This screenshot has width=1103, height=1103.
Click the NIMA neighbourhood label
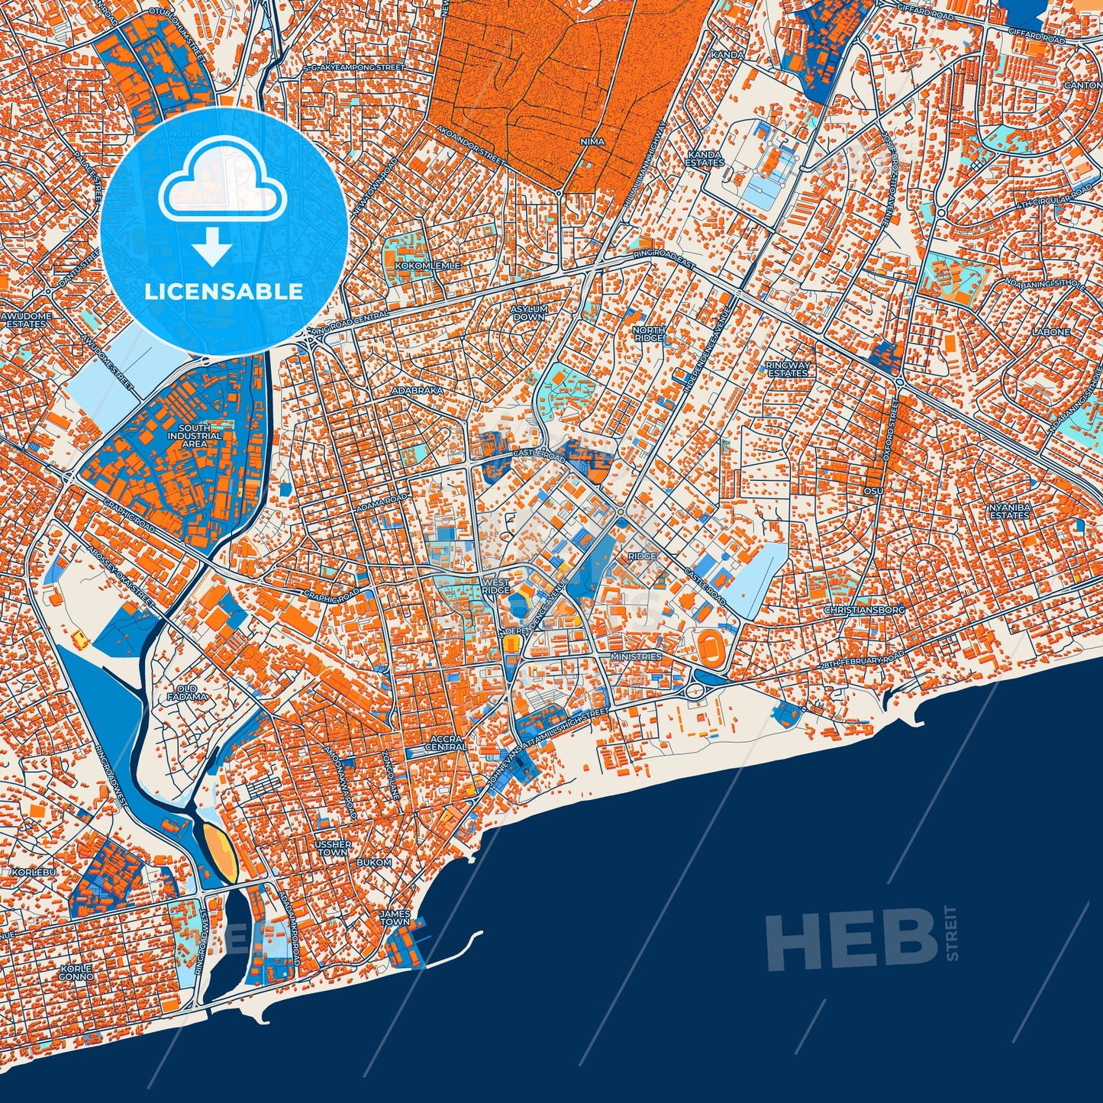tap(592, 141)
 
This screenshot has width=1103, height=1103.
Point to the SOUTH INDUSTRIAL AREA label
tap(194, 436)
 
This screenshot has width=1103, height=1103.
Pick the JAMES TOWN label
tap(395, 918)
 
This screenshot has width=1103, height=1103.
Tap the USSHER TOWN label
tap(333, 848)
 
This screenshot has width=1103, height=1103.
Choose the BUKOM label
tap(374, 862)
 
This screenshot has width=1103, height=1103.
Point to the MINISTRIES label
tap(636, 656)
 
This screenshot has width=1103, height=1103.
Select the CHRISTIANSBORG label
tap(864, 611)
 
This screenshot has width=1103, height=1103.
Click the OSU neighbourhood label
tap(873, 491)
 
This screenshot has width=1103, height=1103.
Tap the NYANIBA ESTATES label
tap(1009, 511)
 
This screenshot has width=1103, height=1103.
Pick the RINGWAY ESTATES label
tap(788, 369)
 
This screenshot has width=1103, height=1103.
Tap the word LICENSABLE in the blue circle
tap(224, 292)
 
